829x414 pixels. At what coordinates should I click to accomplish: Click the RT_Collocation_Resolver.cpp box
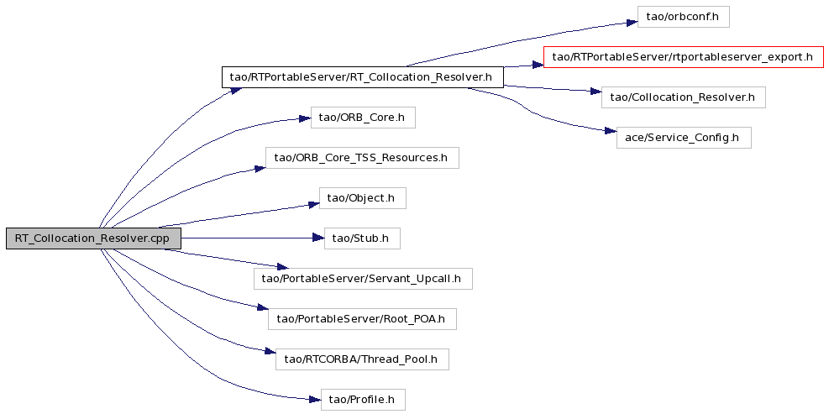pos(93,238)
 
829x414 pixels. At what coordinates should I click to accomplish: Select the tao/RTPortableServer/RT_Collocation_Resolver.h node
pos(362,77)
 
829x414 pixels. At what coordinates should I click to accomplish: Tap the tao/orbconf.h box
pos(683,17)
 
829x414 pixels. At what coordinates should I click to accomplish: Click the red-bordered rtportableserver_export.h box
pos(683,57)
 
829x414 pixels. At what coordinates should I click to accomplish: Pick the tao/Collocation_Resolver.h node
pos(683,97)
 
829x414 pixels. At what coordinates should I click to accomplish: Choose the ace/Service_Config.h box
pos(683,138)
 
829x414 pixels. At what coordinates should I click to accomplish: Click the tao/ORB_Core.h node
pos(363,118)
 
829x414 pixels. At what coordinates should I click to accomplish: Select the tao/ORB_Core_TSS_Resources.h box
pos(362,158)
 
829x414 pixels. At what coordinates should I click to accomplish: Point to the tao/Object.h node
pos(363,198)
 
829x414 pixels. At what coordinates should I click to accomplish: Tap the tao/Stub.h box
pos(362,238)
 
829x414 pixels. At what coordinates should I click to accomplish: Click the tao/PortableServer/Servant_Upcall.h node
pos(363,279)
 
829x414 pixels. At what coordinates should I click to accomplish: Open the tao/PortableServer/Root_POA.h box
pos(362,319)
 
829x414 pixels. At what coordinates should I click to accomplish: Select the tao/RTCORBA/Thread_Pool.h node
pos(362,359)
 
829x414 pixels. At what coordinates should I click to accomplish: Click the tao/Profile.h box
pos(363,400)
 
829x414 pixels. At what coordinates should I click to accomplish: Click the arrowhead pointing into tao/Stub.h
pos(318,238)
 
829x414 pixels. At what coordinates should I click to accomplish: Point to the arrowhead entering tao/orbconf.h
pos(632,23)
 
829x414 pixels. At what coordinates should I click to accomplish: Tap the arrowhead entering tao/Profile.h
pos(315,399)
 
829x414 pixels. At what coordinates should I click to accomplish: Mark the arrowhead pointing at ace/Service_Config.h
pos(610,131)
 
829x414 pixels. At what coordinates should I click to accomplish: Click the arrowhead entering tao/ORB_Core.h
pos(305,119)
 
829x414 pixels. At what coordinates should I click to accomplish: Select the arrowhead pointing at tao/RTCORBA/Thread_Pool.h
pos(270,352)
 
